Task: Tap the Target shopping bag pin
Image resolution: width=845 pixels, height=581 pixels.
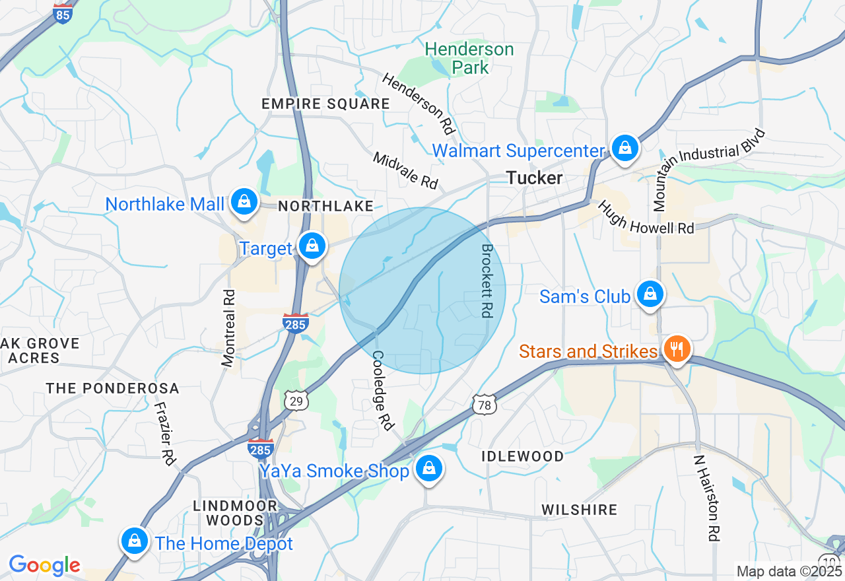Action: click(312, 246)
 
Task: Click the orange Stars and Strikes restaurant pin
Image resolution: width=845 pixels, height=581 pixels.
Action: click(676, 348)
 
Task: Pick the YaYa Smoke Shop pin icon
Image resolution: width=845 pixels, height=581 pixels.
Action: click(429, 469)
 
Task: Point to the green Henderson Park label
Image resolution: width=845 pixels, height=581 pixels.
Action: click(469, 58)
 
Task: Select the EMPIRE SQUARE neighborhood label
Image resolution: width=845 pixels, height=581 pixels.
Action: click(325, 104)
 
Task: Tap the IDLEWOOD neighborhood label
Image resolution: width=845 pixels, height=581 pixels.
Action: click(522, 456)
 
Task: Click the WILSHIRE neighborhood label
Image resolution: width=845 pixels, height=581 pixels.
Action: click(579, 510)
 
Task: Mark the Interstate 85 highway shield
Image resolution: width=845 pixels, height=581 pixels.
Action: click(63, 13)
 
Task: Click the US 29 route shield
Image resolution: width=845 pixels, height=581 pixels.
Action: click(297, 399)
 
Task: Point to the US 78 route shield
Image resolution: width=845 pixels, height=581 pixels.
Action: click(485, 405)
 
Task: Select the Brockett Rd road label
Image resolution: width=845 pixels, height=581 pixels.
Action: click(487, 281)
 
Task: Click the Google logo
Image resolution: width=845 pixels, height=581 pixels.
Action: click(44, 565)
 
